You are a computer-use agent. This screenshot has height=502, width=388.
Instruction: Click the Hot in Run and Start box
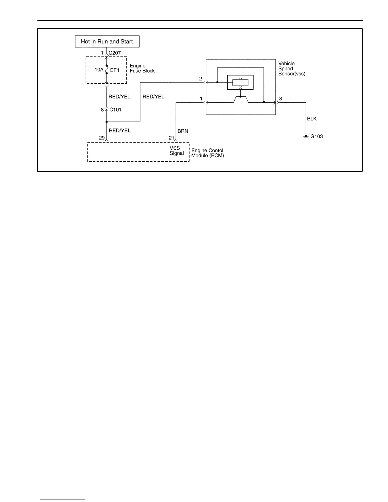107,42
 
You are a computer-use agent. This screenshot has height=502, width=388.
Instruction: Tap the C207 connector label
114,53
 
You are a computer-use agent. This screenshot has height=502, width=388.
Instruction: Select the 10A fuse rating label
99,70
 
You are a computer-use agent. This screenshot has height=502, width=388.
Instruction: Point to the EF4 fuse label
115,70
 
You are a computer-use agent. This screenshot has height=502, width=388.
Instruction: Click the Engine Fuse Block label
142,68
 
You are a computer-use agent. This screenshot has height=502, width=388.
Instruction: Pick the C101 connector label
115,110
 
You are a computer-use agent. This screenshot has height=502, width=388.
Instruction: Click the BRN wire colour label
183,131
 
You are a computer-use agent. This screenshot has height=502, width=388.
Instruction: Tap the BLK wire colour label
312,119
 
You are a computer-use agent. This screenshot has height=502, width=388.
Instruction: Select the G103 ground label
317,137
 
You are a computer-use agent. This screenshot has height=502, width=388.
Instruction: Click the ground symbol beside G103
306,137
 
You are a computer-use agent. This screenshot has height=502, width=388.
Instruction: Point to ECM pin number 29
102,138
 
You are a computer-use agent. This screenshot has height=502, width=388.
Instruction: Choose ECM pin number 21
171,138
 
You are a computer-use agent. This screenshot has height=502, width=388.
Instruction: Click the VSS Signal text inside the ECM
176,151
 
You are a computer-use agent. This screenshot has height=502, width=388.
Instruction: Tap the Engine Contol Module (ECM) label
207,153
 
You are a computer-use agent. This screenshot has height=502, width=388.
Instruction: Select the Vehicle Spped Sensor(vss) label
292,68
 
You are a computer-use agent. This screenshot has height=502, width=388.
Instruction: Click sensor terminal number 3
281,99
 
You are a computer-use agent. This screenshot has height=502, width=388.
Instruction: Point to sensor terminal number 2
201,79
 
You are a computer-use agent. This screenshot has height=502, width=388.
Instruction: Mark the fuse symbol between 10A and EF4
107,69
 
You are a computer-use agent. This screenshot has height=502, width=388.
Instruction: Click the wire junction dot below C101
107,122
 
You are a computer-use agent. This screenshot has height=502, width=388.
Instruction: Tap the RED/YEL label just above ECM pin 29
120,130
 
